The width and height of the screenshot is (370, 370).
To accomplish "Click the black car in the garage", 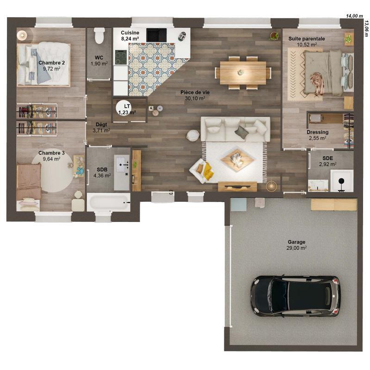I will [295, 296].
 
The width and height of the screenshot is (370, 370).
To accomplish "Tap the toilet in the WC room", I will [99, 36].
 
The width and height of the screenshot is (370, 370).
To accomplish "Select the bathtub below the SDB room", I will [109, 203].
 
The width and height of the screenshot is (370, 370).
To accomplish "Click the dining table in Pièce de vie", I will [243, 73].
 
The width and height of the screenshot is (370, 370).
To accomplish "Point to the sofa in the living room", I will [235, 129].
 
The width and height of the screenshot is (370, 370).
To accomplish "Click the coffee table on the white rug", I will [237, 160].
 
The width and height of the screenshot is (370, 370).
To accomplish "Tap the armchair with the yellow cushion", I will [203, 170].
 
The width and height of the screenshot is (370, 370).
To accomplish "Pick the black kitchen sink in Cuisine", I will [156, 35].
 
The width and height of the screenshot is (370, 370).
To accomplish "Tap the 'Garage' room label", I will [296, 242].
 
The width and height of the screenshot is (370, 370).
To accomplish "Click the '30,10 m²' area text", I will [193, 98].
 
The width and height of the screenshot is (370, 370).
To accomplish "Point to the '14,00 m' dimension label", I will [355, 16].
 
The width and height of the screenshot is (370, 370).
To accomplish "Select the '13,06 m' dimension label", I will [366, 28].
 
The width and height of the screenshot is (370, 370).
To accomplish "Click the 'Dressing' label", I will [318, 132].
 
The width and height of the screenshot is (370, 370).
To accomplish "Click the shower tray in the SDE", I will [341, 181].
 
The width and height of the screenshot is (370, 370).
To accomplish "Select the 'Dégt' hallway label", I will [101, 124].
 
